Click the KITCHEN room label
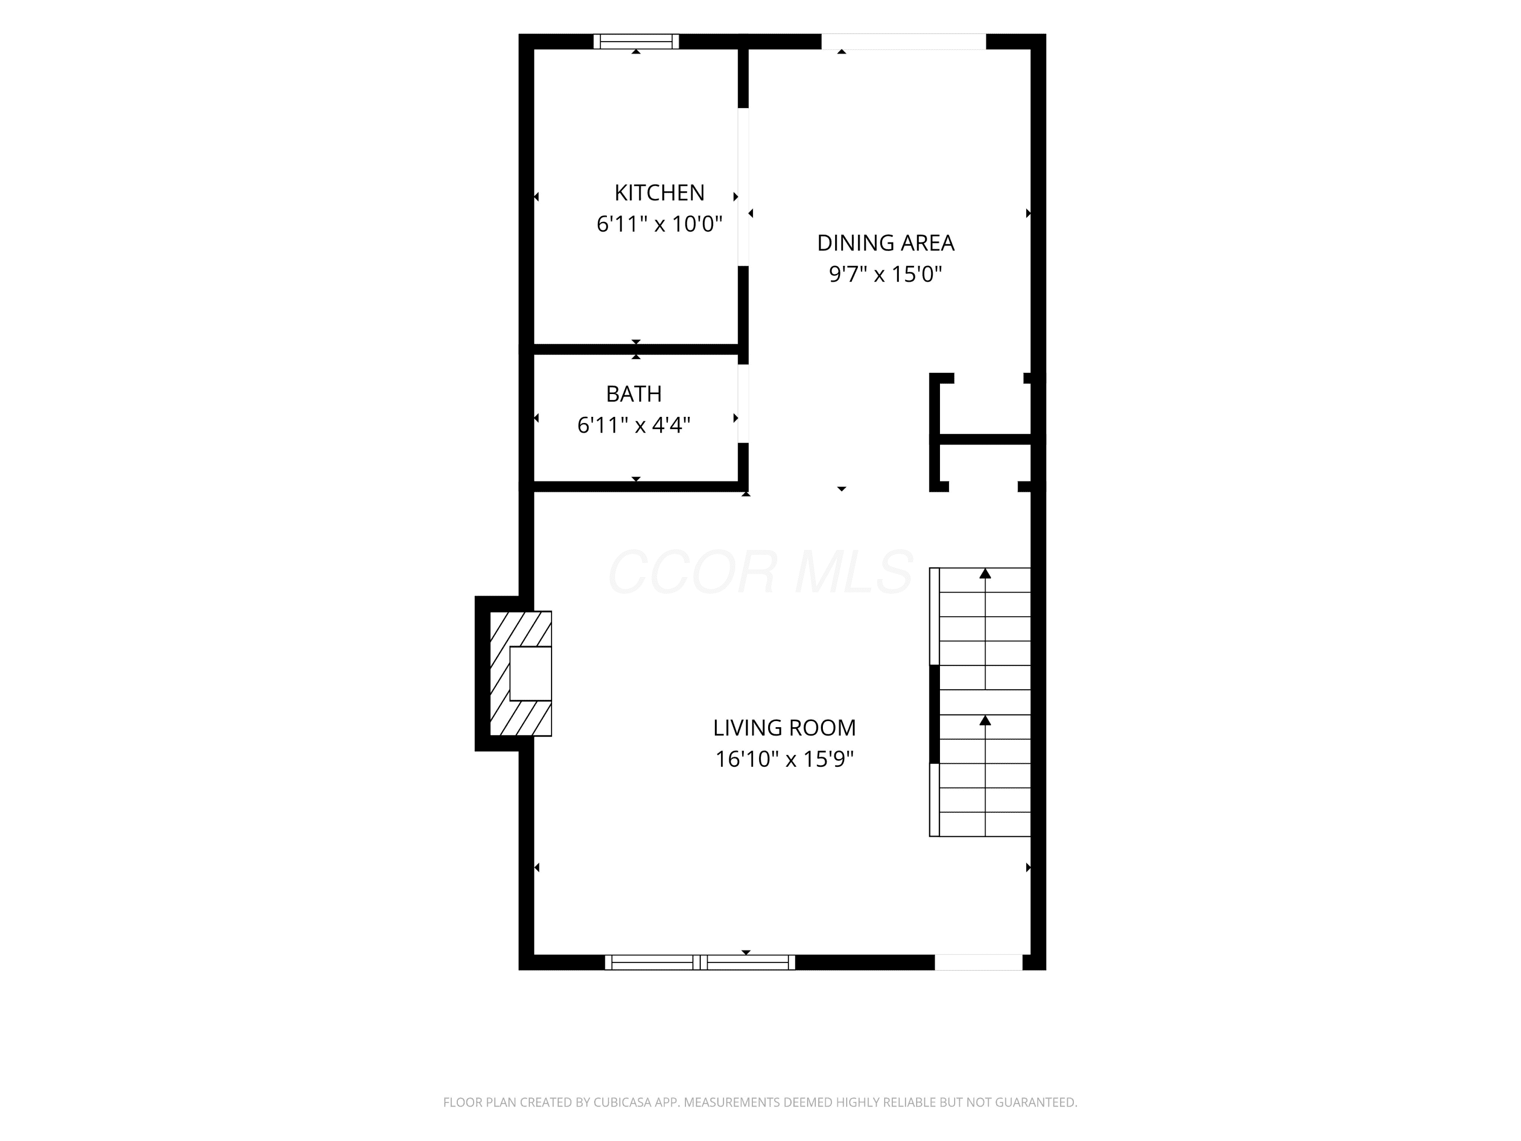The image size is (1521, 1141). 660,193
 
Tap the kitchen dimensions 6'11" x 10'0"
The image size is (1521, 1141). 660,224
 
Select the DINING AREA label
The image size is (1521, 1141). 886,243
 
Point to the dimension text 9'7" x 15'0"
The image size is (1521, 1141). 886,274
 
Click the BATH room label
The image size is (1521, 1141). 634,394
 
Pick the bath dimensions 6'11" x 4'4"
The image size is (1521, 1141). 634,426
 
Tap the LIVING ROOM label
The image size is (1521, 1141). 784,728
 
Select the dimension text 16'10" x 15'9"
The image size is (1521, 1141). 784,759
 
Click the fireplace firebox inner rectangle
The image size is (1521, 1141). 530,673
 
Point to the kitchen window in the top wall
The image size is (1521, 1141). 636,41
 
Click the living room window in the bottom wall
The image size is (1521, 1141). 700,962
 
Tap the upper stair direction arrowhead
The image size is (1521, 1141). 985,573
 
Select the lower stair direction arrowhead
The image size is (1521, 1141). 985,720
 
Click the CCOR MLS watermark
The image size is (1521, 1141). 760,572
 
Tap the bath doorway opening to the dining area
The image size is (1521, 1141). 743,404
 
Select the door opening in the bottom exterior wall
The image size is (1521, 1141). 979,962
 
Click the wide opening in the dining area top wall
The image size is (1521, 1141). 903,41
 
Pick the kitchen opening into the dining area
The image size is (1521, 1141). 743,187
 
